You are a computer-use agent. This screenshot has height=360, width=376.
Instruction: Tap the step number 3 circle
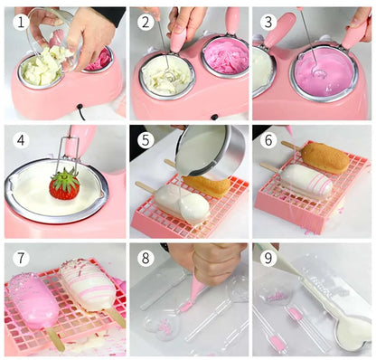(266, 21)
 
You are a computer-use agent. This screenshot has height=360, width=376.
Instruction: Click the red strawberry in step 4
(63, 185)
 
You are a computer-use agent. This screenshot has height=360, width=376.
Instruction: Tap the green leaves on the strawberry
(63, 172)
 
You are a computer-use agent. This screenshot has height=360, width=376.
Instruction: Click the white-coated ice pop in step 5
(181, 204)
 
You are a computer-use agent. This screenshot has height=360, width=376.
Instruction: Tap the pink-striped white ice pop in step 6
(305, 183)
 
